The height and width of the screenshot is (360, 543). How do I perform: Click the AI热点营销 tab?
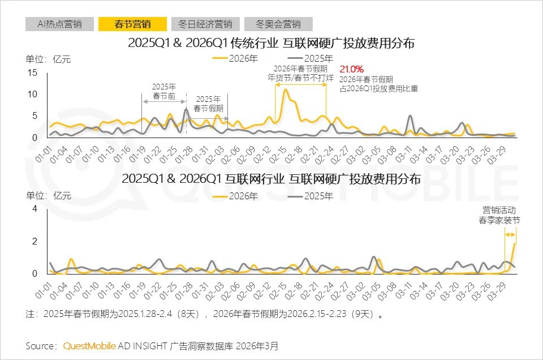(x=59, y=24)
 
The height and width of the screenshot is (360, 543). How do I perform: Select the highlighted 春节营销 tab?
(x=132, y=24)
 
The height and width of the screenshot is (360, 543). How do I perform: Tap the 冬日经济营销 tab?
(x=205, y=24)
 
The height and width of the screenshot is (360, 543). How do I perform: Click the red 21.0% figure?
(x=351, y=69)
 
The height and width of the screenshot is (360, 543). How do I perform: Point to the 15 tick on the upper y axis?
(x=32, y=72)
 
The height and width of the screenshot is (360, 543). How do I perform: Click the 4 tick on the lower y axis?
(x=35, y=209)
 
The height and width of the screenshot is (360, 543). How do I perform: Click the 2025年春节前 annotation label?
(x=165, y=92)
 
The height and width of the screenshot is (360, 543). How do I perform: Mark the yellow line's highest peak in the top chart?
(x=286, y=90)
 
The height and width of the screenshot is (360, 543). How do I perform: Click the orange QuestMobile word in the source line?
(x=89, y=345)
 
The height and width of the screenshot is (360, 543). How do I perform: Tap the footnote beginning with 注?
(x=204, y=314)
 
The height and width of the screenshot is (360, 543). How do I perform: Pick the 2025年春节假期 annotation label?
(x=208, y=102)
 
